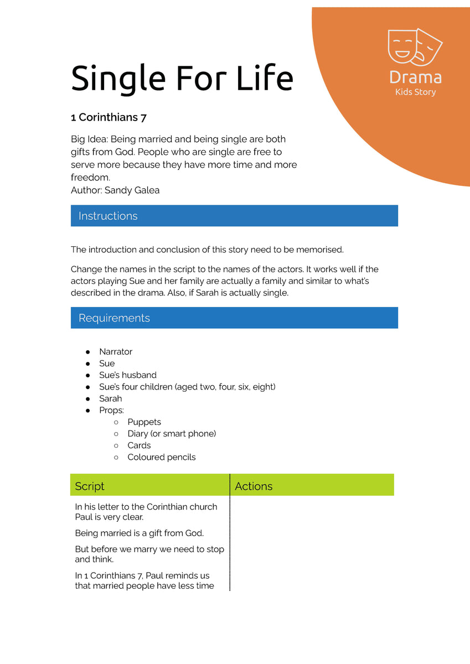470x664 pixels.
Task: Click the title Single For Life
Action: pyautogui.click(x=182, y=78)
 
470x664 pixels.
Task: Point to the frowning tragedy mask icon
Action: pyautogui.click(x=428, y=47)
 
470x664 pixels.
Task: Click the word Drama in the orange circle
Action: pyautogui.click(x=415, y=77)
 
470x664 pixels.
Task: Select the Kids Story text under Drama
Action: pyautogui.click(x=415, y=92)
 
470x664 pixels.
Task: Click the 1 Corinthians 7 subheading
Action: pyautogui.click(x=109, y=117)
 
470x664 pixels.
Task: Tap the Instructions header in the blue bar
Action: pyautogui.click(x=108, y=216)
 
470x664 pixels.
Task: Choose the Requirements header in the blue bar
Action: pyautogui.click(x=114, y=318)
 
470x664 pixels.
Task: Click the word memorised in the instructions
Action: pyautogui.click(x=322, y=250)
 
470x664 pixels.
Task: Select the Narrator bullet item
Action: pyautogui.click(x=116, y=352)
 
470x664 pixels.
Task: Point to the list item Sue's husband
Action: pyautogui.click(x=128, y=375)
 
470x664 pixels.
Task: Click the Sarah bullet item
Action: pyautogui.click(x=111, y=398)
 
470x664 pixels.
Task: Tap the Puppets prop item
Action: pyautogui.click(x=144, y=422)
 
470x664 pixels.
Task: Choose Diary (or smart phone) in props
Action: pyautogui.click(x=172, y=434)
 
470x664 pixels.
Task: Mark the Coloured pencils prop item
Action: pyautogui.click(x=162, y=457)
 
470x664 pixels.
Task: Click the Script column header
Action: pyautogui.click(x=90, y=486)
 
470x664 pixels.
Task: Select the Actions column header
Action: pyautogui.click(x=254, y=486)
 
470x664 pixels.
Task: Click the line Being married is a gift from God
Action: pyautogui.click(x=140, y=533)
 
